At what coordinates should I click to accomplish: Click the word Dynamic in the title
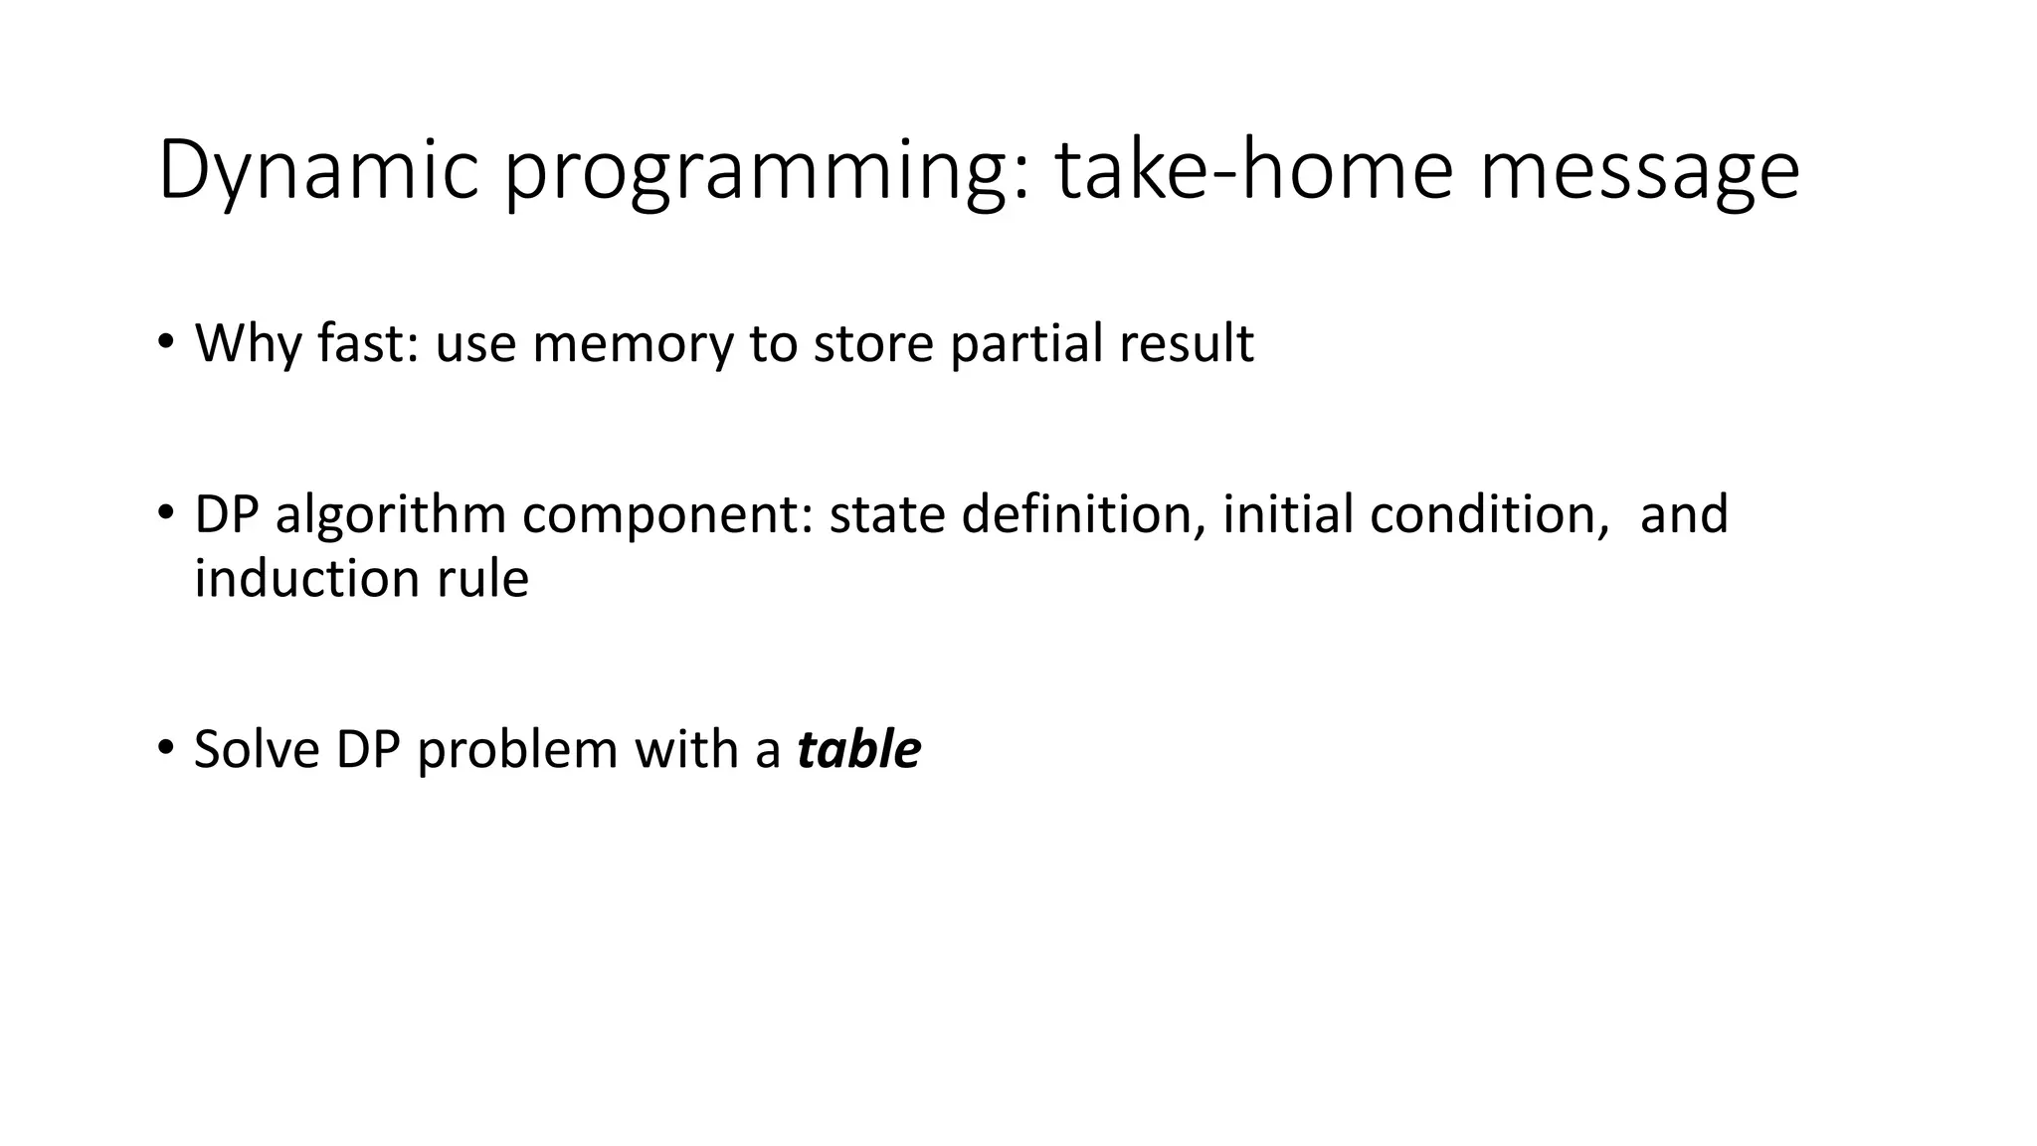click(x=318, y=172)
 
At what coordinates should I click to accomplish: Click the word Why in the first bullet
click(x=248, y=344)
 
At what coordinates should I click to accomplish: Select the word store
click(x=873, y=344)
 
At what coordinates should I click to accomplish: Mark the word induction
click(x=307, y=579)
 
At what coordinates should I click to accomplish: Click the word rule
click(x=482, y=579)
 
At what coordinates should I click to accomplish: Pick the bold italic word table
click(x=858, y=750)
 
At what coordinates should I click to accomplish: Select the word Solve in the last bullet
click(x=257, y=750)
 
